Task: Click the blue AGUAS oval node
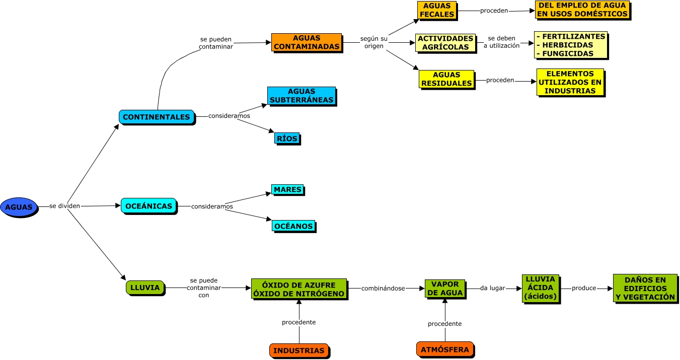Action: [x=19, y=207]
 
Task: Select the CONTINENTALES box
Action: [x=157, y=117]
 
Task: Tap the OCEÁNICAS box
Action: [x=148, y=206]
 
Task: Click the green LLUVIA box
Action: [x=145, y=287]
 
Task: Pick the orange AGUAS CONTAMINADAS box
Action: [x=306, y=42]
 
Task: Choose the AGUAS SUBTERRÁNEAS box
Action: [x=301, y=96]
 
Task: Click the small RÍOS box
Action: [x=287, y=138]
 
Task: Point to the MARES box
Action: [x=287, y=190]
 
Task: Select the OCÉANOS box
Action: [x=293, y=226]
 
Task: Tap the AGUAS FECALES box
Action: [x=437, y=10]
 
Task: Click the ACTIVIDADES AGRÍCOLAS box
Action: [x=445, y=43]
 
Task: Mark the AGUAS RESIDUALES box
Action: [x=446, y=79]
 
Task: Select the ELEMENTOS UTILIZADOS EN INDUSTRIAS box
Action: [x=569, y=82]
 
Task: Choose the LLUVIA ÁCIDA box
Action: [x=540, y=288]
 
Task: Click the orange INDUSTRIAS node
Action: [x=299, y=350]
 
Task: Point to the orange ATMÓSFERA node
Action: [x=445, y=349]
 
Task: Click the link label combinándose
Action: [x=383, y=289]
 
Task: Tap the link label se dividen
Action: [x=65, y=206]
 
